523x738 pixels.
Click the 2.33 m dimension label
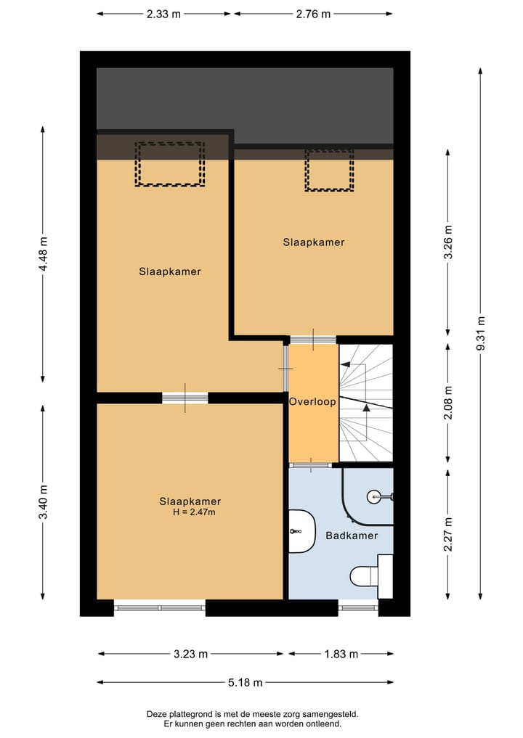(165, 14)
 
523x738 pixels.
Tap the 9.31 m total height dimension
(480, 334)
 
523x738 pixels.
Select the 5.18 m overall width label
(245, 682)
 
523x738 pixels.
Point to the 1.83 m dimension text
(341, 654)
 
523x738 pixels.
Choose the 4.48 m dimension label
(43, 254)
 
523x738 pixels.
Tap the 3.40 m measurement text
(43, 501)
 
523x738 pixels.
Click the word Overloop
(312, 401)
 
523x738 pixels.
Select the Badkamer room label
(352, 536)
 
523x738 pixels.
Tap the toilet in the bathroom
(366, 576)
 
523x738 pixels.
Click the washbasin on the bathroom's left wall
(300, 531)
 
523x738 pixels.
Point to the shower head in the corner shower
(374, 496)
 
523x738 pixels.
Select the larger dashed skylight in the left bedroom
(170, 164)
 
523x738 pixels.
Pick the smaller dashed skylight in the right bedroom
(328, 170)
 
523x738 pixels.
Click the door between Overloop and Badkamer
(312, 464)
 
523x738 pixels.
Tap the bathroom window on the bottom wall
(358, 607)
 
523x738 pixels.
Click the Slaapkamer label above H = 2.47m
(190, 501)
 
